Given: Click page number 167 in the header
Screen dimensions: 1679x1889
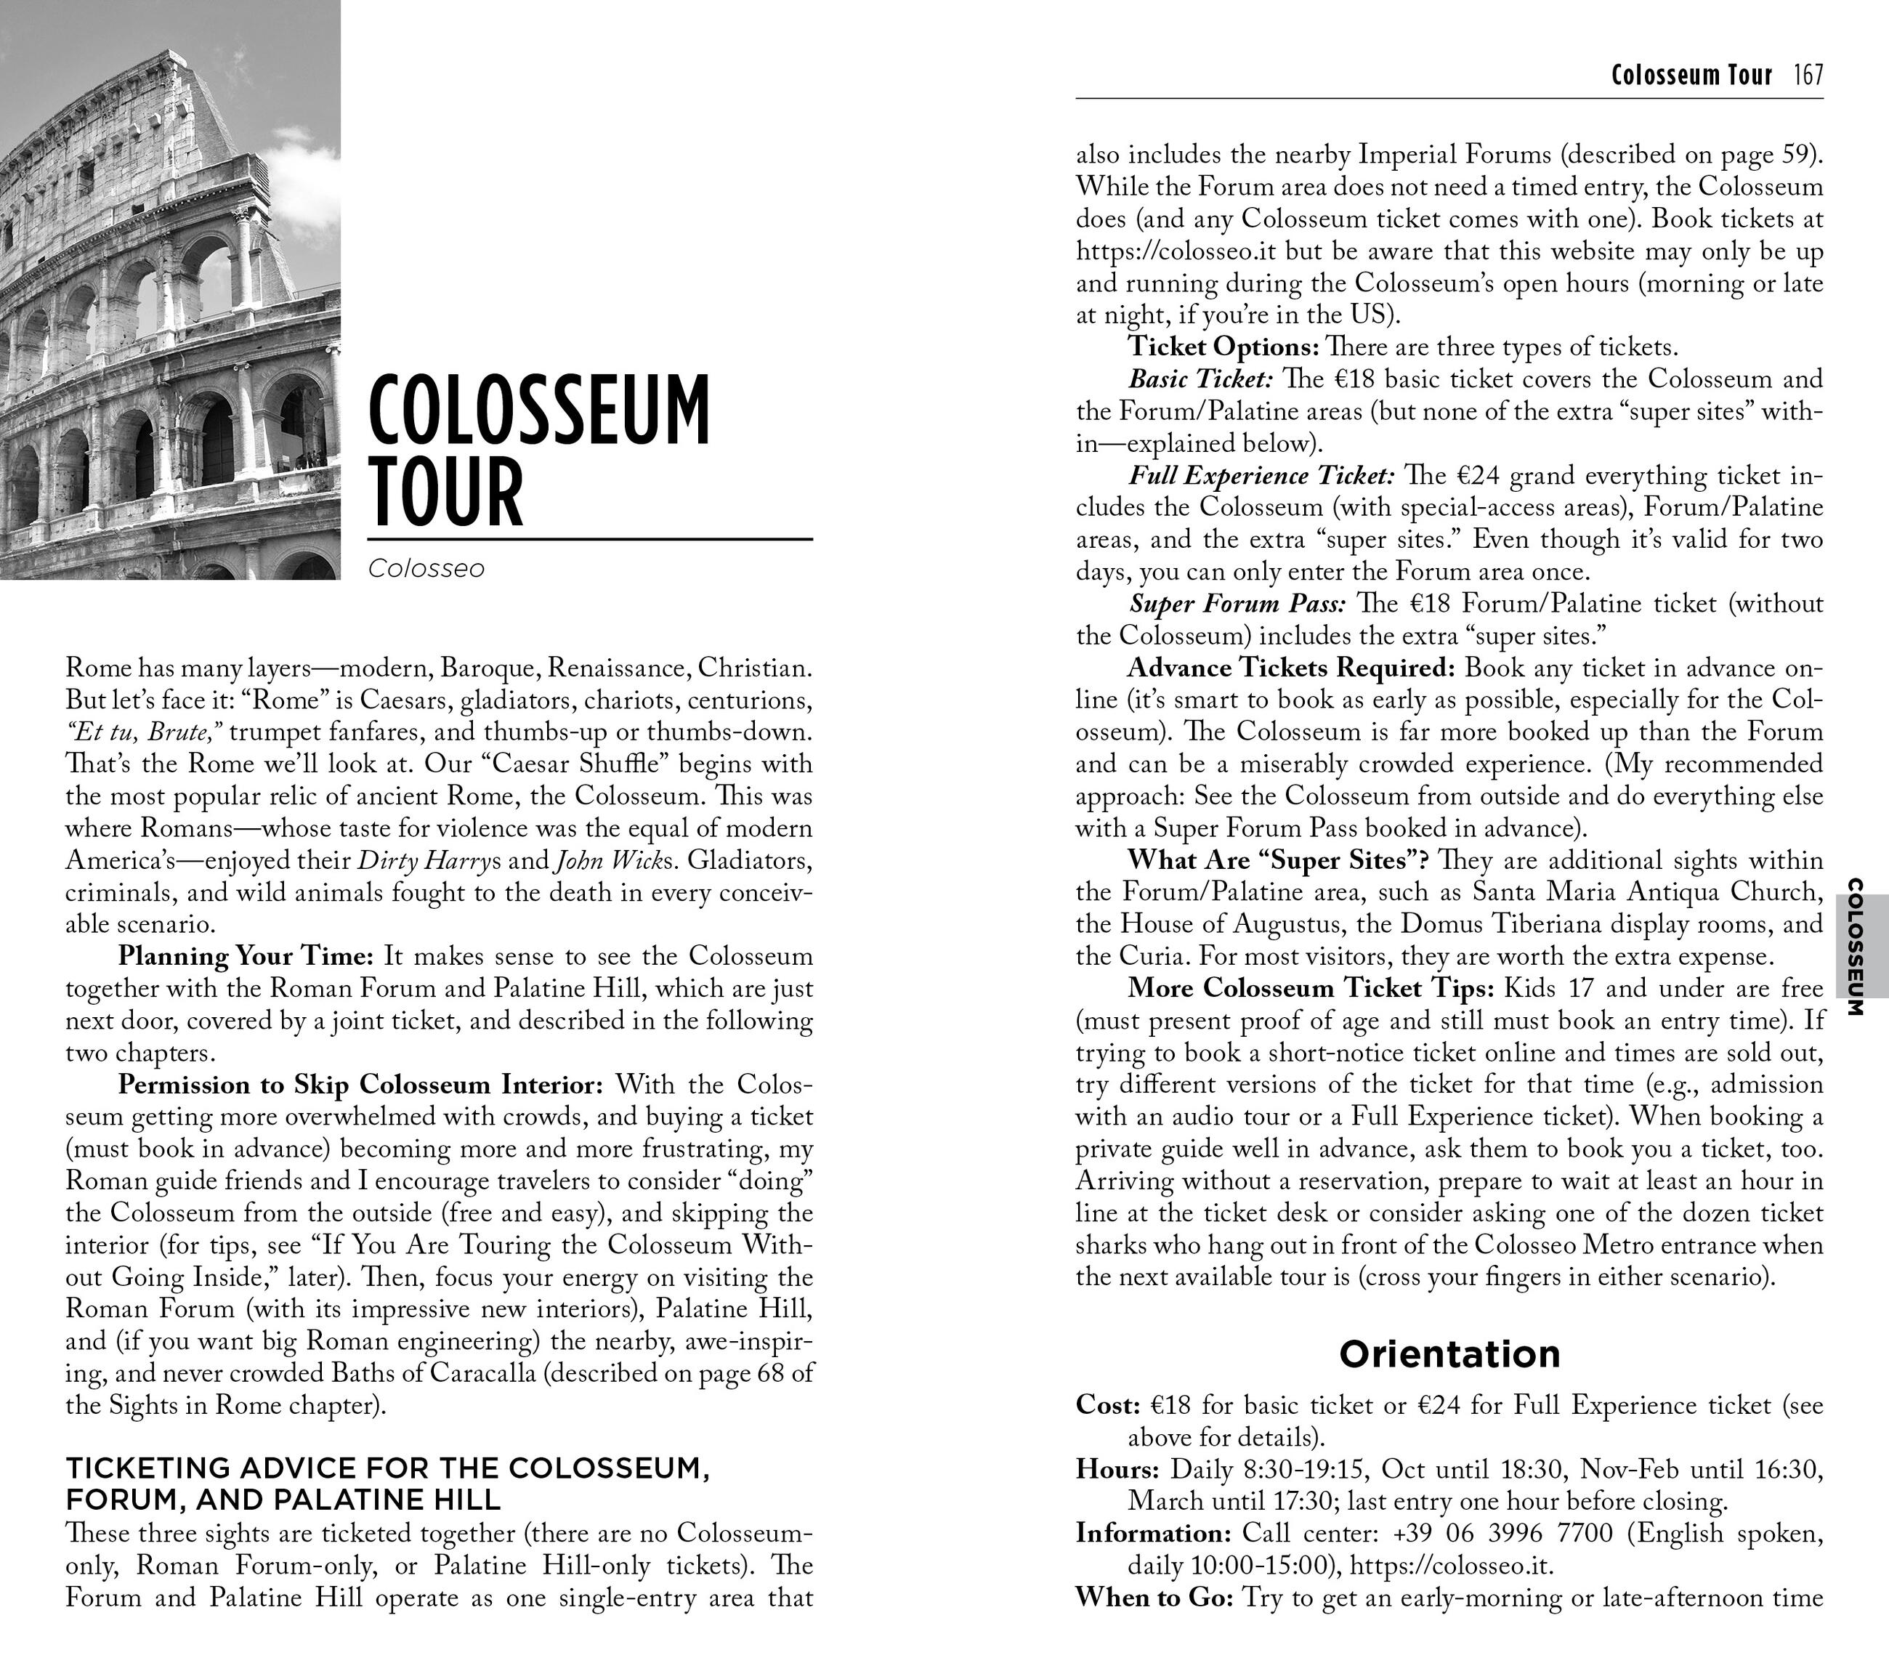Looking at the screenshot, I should coord(1808,75).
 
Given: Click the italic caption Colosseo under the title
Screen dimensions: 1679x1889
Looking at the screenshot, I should coord(426,568).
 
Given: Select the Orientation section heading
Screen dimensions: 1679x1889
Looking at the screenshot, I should coord(1449,1354).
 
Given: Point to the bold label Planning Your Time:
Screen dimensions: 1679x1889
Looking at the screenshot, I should coord(246,955).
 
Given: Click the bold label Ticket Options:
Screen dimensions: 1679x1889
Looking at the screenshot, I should coord(1223,347).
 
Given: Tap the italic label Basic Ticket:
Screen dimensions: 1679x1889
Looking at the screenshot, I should coord(1200,379).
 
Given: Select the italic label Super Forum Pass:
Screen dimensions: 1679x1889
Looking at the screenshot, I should coord(1237,604).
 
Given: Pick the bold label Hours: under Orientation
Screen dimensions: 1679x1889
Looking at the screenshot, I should coord(1117,1468).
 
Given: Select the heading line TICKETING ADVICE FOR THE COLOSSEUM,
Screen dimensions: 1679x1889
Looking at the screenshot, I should coord(388,1468).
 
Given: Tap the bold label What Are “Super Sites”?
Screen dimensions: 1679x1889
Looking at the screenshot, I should coord(1279,859).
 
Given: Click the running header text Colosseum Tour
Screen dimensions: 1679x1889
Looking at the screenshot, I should coord(1691,75).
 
